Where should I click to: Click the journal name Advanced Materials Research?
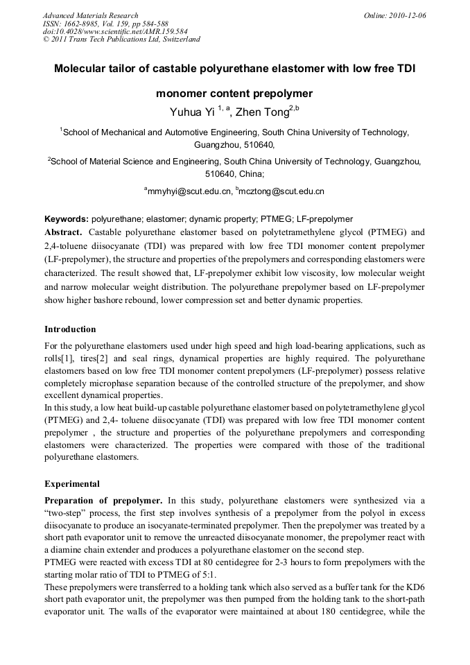click(x=90, y=15)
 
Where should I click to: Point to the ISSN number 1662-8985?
click(x=80, y=23)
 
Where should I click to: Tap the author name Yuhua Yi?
click(x=192, y=112)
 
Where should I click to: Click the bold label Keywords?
click(x=67, y=218)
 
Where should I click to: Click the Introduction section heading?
click(x=70, y=329)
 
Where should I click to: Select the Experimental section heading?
click(x=72, y=483)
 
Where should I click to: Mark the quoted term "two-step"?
click(x=67, y=512)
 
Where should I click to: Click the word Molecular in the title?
click(x=85, y=69)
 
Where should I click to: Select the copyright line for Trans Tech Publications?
click(x=122, y=40)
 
